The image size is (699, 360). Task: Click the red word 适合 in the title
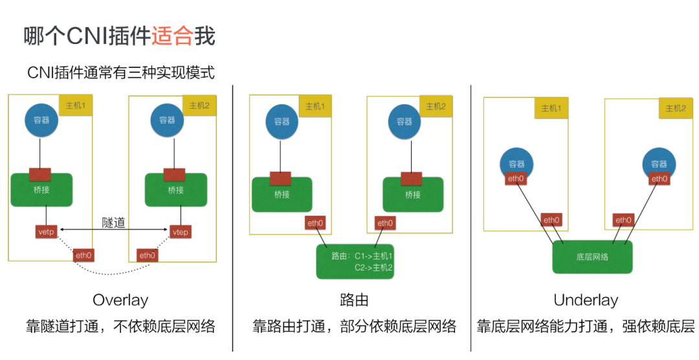pos(172,36)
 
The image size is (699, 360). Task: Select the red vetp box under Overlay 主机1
pos(47,230)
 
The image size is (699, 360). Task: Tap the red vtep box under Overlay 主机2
pos(180,230)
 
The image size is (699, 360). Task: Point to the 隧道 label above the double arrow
pos(113,222)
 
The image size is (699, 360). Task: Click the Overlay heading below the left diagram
pos(120,300)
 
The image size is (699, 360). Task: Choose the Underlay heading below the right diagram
pos(586,300)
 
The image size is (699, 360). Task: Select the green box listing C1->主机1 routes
pos(355,261)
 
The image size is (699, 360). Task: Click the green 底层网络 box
pos(592,257)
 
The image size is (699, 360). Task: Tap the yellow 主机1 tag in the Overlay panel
pos(76,105)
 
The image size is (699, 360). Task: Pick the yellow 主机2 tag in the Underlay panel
pos(675,108)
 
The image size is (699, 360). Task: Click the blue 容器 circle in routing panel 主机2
pos(404,121)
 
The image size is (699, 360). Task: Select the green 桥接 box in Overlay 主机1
pos(41,190)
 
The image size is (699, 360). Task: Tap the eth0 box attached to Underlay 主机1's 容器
pos(515,179)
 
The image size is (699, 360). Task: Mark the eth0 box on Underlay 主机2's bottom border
pos(623,220)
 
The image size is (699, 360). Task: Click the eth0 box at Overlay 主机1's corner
pos(83,255)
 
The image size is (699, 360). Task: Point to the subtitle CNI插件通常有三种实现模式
pos(120,73)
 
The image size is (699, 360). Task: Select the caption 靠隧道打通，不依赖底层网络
pos(120,326)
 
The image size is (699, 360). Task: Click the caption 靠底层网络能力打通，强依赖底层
pos(586,326)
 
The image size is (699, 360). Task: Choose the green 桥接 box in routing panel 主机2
pos(412,194)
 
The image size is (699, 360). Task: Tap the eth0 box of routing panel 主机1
pos(315,223)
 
